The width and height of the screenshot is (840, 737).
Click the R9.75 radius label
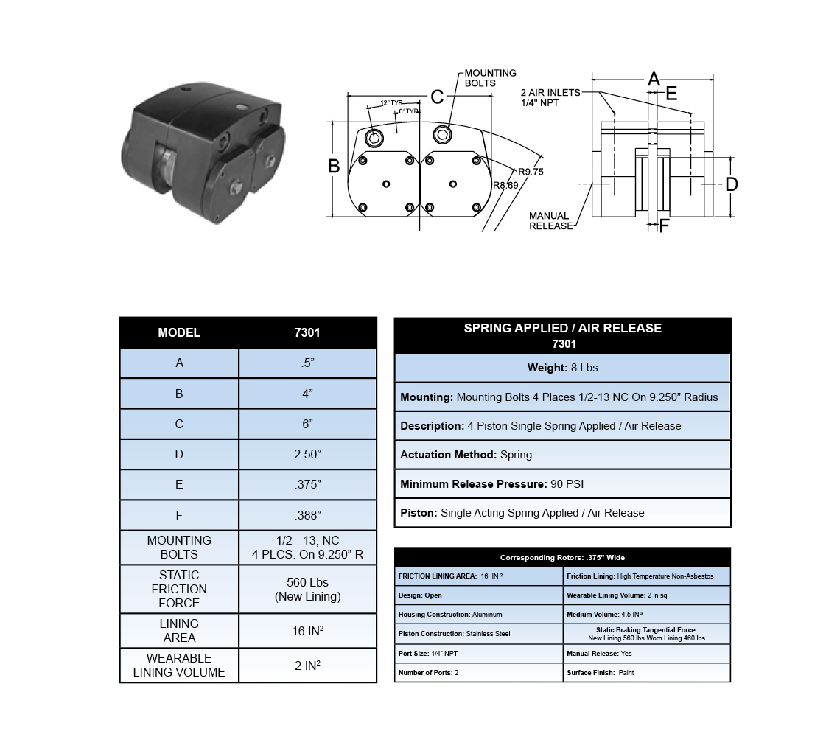[x=530, y=172]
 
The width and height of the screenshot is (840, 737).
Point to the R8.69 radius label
[x=505, y=186]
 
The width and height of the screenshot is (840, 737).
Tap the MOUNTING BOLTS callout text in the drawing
[x=490, y=78]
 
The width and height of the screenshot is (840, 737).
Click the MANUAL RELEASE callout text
[x=550, y=221]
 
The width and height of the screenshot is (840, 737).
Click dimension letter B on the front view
[x=334, y=167]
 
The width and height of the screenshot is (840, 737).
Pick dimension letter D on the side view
[x=731, y=184]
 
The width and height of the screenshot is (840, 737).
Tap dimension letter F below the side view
[x=664, y=226]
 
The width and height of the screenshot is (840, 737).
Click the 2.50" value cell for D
[x=307, y=455]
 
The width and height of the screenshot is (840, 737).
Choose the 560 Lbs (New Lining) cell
[x=307, y=590]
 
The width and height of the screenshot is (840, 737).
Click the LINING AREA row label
[x=179, y=631]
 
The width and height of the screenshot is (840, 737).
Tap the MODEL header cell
[x=179, y=333]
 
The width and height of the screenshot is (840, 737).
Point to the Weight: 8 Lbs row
[x=562, y=368]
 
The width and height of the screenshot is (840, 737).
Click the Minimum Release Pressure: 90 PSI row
[x=562, y=484]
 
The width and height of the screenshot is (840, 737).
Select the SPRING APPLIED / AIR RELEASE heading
[x=562, y=329]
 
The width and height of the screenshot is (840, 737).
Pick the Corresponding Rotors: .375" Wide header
[x=562, y=557]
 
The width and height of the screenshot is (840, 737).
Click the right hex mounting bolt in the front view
[x=444, y=133]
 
